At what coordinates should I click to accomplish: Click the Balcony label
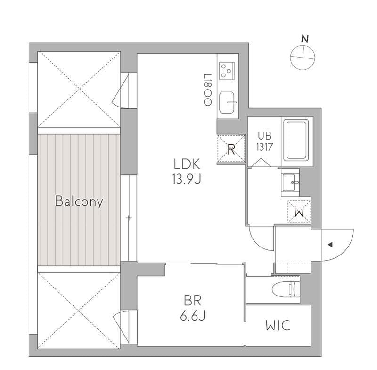79,201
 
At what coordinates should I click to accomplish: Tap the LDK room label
187,164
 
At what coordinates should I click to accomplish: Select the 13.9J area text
187,179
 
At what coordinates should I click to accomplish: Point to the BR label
192,301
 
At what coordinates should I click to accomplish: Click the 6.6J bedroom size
193,315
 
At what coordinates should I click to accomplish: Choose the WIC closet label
278,326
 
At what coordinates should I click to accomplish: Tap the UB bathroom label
265,136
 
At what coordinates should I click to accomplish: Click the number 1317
264,147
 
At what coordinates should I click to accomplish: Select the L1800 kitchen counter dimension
207,90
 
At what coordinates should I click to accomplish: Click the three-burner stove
227,71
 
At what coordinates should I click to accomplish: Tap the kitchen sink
227,103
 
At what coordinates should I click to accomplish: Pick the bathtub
296,140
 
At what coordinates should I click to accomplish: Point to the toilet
286,289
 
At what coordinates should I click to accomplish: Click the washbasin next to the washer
289,183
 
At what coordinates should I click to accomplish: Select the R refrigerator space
231,149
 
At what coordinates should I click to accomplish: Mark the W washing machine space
299,212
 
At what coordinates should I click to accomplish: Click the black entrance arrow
330,245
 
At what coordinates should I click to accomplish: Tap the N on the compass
305,39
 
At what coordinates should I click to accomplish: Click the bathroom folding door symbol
261,163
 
